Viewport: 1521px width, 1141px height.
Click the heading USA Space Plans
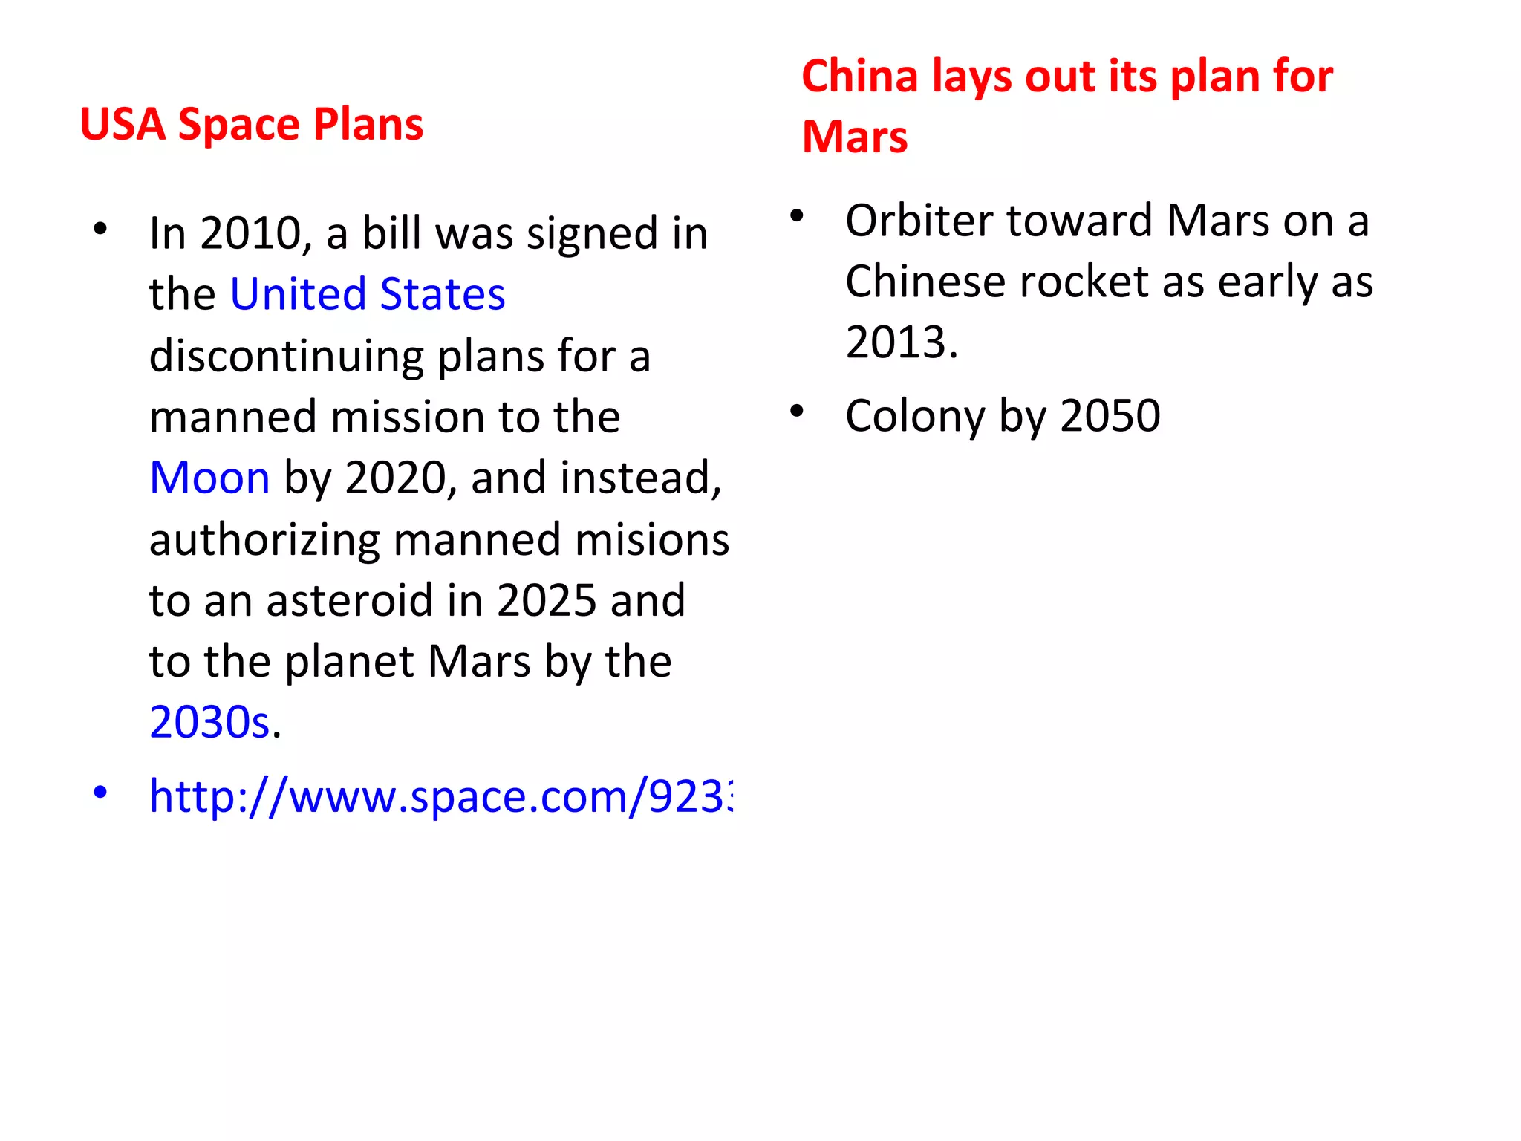click(252, 124)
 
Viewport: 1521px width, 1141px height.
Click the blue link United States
click(368, 294)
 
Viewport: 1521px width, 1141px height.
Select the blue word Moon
click(209, 478)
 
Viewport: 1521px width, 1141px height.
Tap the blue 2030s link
click(209, 722)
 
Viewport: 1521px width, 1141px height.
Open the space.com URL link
click(440, 796)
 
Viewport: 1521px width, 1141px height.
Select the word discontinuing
click(286, 356)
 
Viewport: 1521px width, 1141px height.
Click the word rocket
click(1072, 282)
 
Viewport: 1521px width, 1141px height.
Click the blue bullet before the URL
click(100, 792)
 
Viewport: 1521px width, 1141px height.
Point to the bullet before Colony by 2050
click(797, 411)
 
